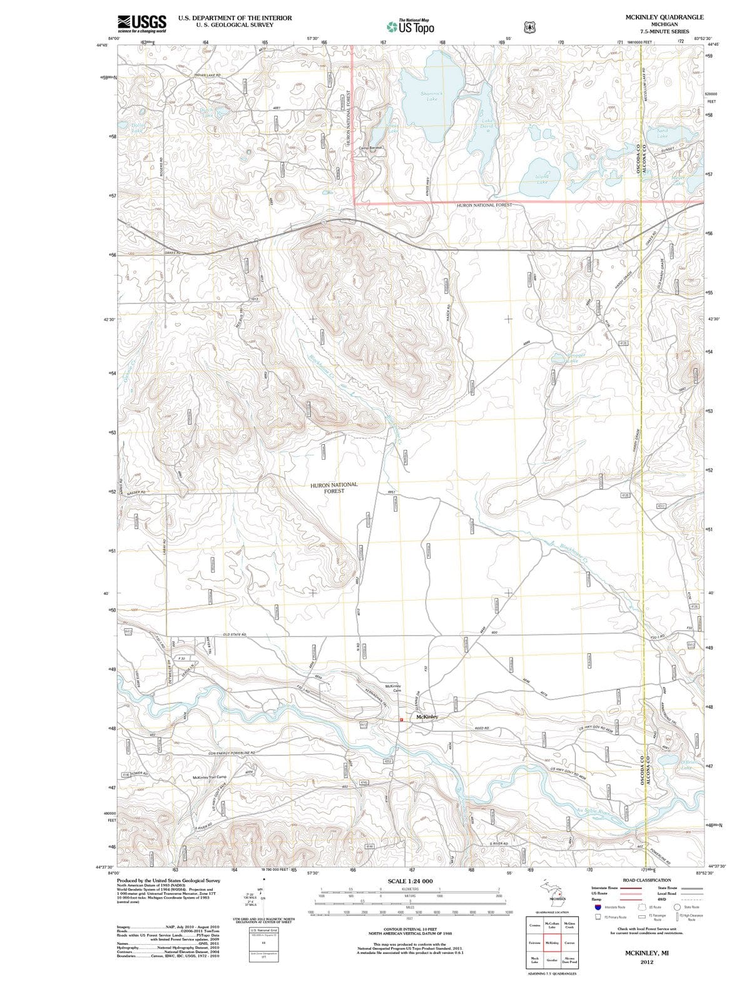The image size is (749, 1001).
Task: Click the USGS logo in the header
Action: (142, 23)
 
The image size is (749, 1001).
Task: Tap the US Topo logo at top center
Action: (410, 26)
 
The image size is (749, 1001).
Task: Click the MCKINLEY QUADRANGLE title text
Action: (664, 17)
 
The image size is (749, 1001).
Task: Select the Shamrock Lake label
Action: (431, 96)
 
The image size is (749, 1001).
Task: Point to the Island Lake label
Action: (542, 179)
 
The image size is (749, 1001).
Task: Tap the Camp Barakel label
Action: (370, 148)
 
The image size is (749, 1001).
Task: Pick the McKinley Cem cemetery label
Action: (394, 688)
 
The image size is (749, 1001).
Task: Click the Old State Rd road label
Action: (235, 634)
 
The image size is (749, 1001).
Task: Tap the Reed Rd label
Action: (482, 729)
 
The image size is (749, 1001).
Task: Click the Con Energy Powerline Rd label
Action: (232, 752)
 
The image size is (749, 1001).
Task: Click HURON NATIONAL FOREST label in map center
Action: (334, 488)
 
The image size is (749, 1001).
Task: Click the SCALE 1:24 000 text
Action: (410, 881)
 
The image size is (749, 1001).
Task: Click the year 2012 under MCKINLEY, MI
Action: (646, 962)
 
